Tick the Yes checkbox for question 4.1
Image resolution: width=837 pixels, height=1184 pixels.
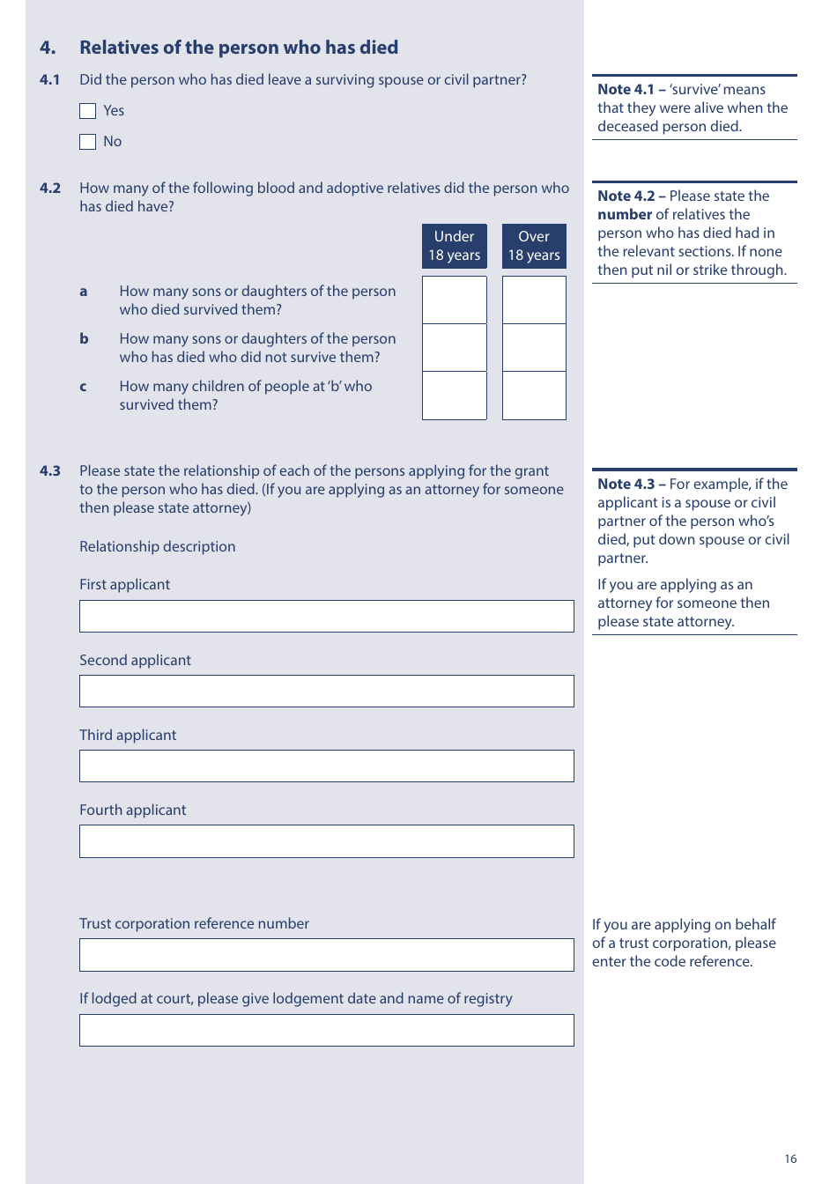[x=87, y=111]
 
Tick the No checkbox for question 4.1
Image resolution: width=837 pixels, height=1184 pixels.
[x=87, y=142]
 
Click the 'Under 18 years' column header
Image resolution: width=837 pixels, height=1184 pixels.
[x=454, y=246]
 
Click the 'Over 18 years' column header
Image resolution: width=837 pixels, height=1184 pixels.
[x=534, y=246]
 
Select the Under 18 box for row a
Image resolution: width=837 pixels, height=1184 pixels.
[x=454, y=300]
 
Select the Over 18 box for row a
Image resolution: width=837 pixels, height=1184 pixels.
[x=534, y=300]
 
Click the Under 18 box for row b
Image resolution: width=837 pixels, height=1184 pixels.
[x=454, y=347]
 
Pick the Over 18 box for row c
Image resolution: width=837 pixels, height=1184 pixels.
[x=534, y=396]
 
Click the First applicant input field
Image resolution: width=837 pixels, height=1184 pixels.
[x=326, y=616]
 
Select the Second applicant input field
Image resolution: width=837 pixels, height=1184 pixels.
[x=326, y=691]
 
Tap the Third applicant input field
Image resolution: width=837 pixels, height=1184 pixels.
[x=326, y=766]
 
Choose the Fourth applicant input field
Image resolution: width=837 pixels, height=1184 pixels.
[x=326, y=841]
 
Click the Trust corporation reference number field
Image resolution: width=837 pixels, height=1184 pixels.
[x=326, y=955]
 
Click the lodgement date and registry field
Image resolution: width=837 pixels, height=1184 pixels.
[x=326, y=1030]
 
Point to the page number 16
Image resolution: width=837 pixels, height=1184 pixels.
[x=790, y=1158]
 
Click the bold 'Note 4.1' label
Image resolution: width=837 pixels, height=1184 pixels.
[x=626, y=90]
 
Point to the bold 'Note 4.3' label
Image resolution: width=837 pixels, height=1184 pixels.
[x=626, y=485]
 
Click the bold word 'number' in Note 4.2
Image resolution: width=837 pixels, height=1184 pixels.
[x=625, y=215]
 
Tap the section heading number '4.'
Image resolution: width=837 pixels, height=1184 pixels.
[x=48, y=48]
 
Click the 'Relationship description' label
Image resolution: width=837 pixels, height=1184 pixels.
[x=158, y=547]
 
